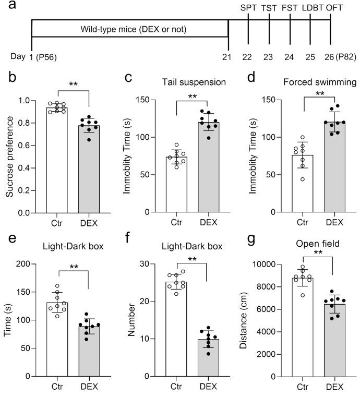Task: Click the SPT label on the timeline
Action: [248, 8]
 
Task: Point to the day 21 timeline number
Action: [226, 56]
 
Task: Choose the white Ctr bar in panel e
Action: [72, 339]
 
